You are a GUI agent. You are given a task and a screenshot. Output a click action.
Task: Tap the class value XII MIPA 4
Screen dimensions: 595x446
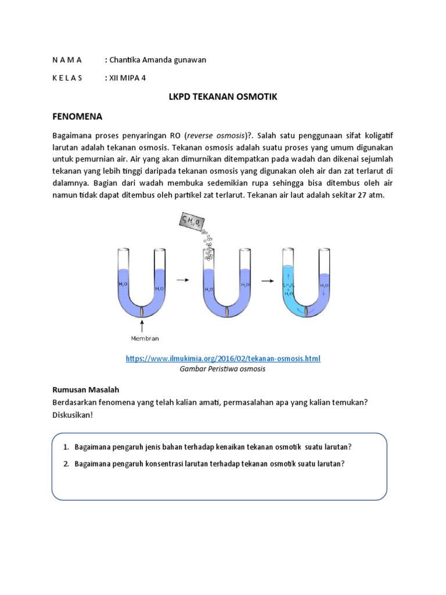(x=126, y=77)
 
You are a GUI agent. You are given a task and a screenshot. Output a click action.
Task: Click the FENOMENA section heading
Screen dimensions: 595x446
(x=77, y=116)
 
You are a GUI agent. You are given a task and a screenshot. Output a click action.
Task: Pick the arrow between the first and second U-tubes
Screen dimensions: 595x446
(x=183, y=280)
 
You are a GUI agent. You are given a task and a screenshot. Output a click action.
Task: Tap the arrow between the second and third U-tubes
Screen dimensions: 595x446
(x=267, y=280)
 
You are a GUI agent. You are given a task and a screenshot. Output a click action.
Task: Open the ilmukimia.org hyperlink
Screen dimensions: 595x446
(x=223, y=359)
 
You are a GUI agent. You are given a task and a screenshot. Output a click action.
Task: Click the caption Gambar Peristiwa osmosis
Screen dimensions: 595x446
(x=223, y=370)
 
